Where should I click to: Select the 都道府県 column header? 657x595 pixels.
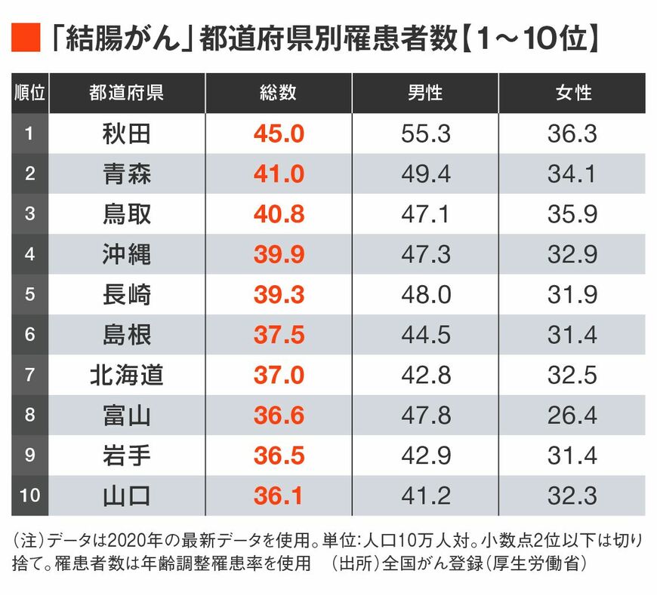pyautogui.click(x=126, y=93)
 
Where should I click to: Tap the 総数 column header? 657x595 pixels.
pyautogui.click(x=278, y=93)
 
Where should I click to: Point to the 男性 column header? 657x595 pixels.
pyautogui.click(x=425, y=93)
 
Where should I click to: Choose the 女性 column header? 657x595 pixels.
pyautogui.click(x=572, y=93)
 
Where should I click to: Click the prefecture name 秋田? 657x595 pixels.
pyautogui.click(x=126, y=134)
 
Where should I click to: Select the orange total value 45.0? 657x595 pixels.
pyautogui.click(x=278, y=134)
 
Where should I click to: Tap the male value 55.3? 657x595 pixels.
pyautogui.click(x=425, y=134)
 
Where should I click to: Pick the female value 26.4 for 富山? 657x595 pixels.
pyautogui.click(x=572, y=416)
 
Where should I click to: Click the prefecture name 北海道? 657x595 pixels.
pyautogui.click(x=126, y=376)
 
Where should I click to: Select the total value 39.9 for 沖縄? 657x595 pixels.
pyautogui.click(x=278, y=255)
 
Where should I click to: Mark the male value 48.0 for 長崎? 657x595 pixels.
pyautogui.click(x=425, y=295)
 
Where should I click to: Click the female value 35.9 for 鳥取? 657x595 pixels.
pyautogui.click(x=572, y=215)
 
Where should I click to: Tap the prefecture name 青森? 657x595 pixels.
pyautogui.click(x=126, y=174)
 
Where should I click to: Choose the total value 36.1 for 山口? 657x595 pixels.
pyautogui.click(x=278, y=496)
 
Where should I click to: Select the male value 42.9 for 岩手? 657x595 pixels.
pyautogui.click(x=425, y=455)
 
